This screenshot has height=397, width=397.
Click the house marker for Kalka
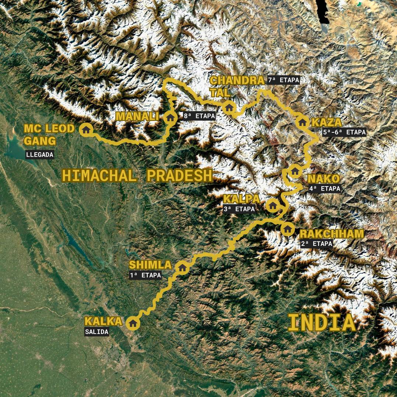133,323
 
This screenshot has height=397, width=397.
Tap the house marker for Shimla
182,267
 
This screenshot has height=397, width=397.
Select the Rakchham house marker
288,229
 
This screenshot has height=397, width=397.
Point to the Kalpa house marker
272,205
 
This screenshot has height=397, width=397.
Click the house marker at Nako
295,171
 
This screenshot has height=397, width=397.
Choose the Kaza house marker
302,122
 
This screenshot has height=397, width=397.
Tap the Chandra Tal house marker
229,108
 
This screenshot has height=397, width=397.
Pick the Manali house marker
170,118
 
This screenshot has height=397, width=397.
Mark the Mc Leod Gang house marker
86,129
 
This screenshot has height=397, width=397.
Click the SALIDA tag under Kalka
97,332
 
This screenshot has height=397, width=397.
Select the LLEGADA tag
40,155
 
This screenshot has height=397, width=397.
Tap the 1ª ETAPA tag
145,275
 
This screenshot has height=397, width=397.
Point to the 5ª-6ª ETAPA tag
344,132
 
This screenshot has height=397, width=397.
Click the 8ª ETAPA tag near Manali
199,116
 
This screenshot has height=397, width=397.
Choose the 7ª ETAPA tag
283,80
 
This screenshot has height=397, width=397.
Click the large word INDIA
322,323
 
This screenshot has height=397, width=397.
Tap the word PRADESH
180,176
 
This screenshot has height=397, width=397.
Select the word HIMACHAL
99,176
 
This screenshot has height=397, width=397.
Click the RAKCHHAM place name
331,234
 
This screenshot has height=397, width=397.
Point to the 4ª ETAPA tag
324,188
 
